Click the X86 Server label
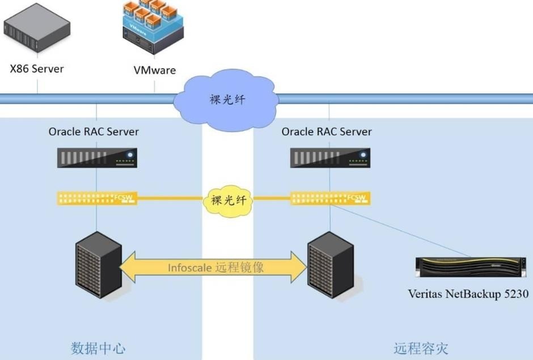click(37, 69)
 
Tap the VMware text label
click(154, 70)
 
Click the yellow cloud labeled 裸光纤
click(229, 199)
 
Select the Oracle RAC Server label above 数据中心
click(94, 132)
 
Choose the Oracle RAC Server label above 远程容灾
click(327, 132)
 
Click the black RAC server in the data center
click(98, 158)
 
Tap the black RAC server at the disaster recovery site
click(330, 158)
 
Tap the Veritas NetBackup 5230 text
click(468, 294)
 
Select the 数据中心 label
click(98, 348)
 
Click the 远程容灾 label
click(421, 348)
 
